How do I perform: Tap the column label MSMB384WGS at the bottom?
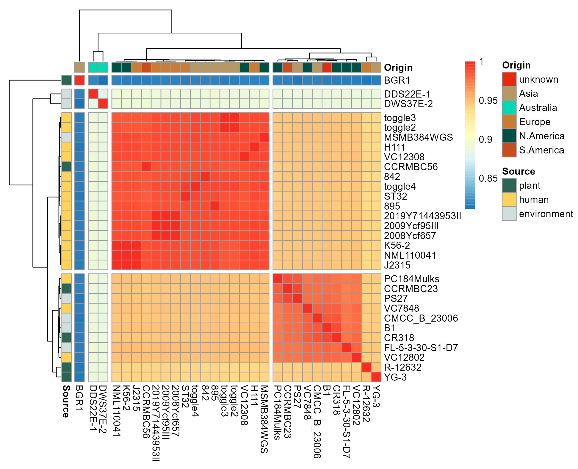pyautogui.click(x=264, y=419)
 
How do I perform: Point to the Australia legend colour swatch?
pyautogui.click(x=509, y=108)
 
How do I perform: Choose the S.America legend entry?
pyautogui.click(x=541, y=150)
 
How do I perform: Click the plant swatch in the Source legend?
pyautogui.click(x=509, y=185)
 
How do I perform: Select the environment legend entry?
pyautogui.click(x=546, y=214)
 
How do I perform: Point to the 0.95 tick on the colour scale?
pyautogui.click(x=488, y=101)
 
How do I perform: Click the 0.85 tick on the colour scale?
pyautogui.click(x=488, y=178)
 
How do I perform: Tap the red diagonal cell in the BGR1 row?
pyautogui.click(x=79, y=80)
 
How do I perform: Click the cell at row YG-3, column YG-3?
pyautogui.click(x=376, y=377)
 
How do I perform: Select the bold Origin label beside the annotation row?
pyautogui.click(x=398, y=68)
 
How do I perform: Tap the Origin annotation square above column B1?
pyautogui.click(x=327, y=67)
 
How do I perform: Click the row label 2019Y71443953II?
pyautogui.click(x=422, y=216)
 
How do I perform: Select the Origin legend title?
pyautogui.click(x=516, y=65)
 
